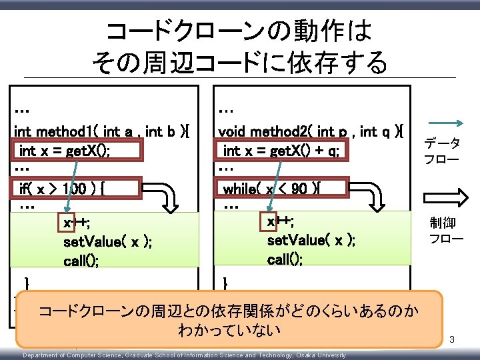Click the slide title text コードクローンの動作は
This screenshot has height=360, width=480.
click(239, 31)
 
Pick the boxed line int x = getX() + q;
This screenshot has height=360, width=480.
click(281, 151)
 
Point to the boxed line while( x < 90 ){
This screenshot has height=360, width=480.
click(282, 189)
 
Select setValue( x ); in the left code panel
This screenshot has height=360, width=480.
click(107, 242)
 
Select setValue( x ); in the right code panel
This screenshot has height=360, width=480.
click(311, 240)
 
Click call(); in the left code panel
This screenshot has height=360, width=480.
click(82, 261)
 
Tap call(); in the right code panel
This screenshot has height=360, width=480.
click(285, 259)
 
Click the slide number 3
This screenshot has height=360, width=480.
click(452, 341)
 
